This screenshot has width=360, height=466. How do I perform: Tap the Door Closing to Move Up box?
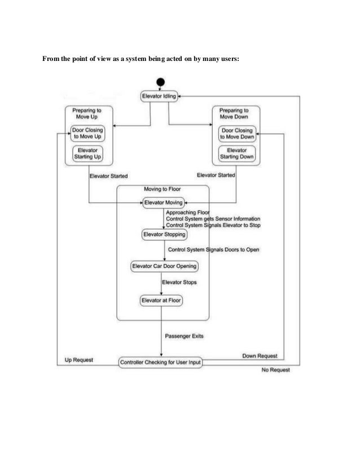click(88, 133)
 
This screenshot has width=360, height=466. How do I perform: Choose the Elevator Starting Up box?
click(88, 152)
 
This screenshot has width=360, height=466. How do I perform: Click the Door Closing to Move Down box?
click(237, 133)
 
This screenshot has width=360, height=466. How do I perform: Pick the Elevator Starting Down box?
click(237, 153)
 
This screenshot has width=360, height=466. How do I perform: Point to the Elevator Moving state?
click(163, 202)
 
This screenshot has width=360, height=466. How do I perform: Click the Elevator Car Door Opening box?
click(164, 265)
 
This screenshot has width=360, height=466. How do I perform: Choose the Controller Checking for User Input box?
click(160, 362)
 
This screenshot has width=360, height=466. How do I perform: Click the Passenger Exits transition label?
click(184, 336)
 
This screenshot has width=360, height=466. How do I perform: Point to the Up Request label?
click(79, 359)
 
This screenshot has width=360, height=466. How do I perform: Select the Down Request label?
click(260, 356)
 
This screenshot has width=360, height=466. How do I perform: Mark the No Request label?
click(276, 370)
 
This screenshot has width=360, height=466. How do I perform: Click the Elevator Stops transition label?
click(179, 282)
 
